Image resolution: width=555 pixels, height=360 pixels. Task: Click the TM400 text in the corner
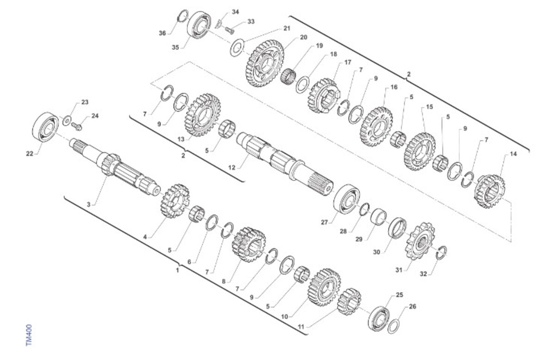tap(29, 335)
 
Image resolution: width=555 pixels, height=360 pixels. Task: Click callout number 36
tap(162, 33)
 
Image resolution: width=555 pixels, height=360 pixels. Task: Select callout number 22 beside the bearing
tap(30, 154)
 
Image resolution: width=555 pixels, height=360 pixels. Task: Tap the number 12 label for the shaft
tap(232, 168)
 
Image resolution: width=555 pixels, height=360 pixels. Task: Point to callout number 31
tap(399, 270)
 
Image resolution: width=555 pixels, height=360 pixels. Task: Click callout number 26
tap(412, 306)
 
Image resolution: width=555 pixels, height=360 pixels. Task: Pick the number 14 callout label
tap(514, 154)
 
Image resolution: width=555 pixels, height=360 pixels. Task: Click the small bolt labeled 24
tap(77, 127)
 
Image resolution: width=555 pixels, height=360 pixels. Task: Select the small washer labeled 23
tap(67, 121)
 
